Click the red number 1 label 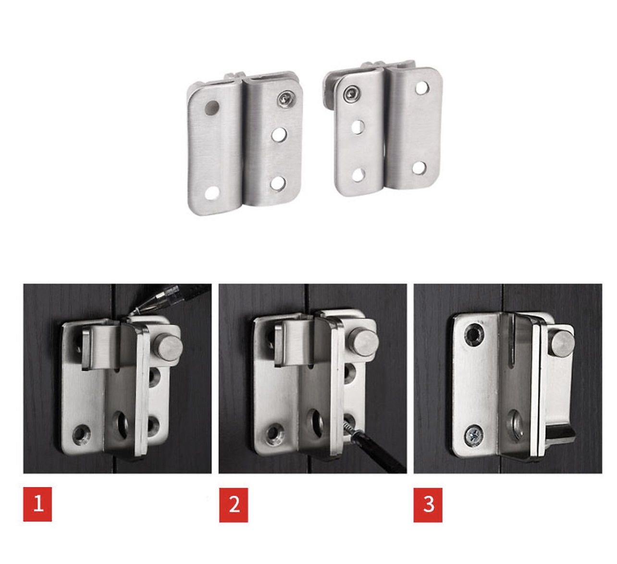pos(37,504)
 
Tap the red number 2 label pos(234,504)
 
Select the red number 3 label pos(428,504)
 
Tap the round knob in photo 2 pos(363,342)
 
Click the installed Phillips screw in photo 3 pos(474,437)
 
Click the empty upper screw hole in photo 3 pos(474,334)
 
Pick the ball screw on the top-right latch pos(351,95)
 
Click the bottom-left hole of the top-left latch pos(212,193)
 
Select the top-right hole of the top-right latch pos(422,88)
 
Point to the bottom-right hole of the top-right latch pos(419,168)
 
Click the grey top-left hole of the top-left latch pos(212,108)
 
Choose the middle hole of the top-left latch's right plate pos(279,135)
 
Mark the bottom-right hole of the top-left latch pos(278,184)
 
